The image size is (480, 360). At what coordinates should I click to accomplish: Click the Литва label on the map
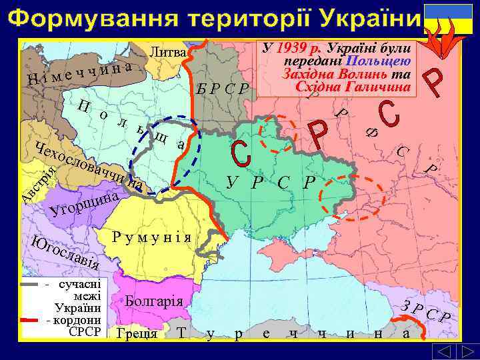coord(169,51)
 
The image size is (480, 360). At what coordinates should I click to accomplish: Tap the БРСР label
coord(224,89)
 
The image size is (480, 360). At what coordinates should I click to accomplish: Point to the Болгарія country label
coord(153,300)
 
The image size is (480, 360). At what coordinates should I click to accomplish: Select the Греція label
coord(136,333)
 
